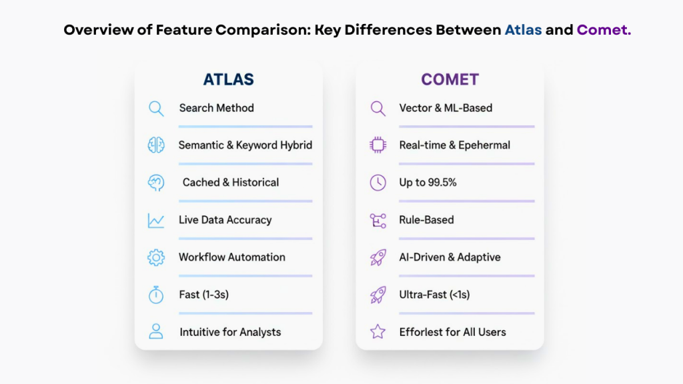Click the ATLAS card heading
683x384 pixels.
pyautogui.click(x=228, y=79)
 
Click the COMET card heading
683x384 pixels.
pyautogui.click(x=450, y=79)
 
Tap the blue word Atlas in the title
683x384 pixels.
pyautogui.click(x=523, y=30)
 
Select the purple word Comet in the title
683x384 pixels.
pyautogui.click(x=604, y=30)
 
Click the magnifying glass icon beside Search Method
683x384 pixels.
pyautogui.click(x=156, y=108)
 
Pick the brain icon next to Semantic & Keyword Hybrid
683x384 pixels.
pyautogui.click(x=156, y=145)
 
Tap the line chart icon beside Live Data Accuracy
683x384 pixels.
pyautogui.click(x=156, y=221)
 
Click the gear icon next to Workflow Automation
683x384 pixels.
pyautogui.click(x=156, y=257)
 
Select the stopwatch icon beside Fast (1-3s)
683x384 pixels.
pyautogui.click(x=156, y=295)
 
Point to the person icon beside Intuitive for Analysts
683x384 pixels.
pyautogui.click(x=156, y=331)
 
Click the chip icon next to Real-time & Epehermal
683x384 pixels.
pyautogui.click(x=378, y=145)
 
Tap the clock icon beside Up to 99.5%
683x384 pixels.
pyautogui.click(x=378, y=183)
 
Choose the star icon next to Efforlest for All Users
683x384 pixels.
pyautogui.click(x=378, y=331)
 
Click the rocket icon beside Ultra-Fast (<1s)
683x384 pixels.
pyautogui.click(x=378, y=295)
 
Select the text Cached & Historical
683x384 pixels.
pyautogui.click(x=231, y=183)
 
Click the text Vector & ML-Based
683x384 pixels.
pyautogui.click(x=446, y=108)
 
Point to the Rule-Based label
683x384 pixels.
pyautogui.click(x=426, y=220)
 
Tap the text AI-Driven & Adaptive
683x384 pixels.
pyautogui.click(x=450, y=257)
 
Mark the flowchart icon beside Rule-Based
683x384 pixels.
pyautogui.click(x=378, y=221)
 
